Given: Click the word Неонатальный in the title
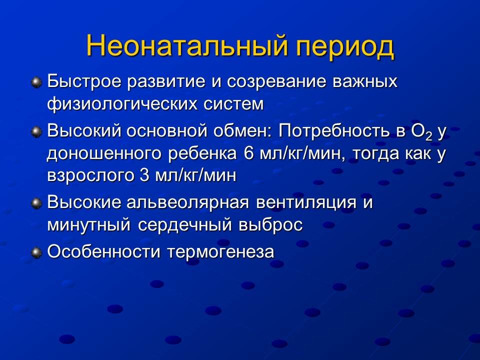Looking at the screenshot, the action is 187,46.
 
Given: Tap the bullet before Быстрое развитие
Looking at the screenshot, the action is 36,82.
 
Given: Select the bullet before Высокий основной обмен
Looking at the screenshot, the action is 36,132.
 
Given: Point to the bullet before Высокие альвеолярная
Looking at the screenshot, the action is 36,203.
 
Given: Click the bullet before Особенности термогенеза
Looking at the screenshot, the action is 36,253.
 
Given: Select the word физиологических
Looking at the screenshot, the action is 122,104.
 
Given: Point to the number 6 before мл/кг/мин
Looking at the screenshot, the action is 249,153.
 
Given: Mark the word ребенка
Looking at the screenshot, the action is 202,153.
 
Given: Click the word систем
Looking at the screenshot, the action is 233,104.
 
